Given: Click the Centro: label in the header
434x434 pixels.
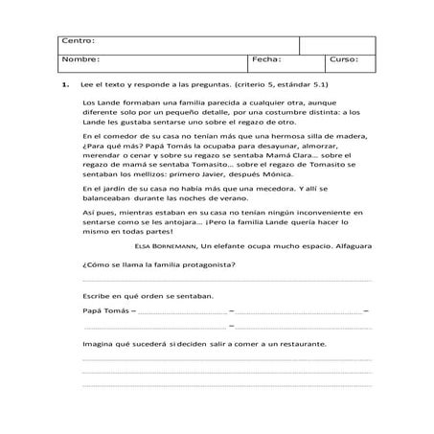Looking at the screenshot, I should (x=79, y=41).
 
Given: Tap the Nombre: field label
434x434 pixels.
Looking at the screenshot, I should (x=81, y=59).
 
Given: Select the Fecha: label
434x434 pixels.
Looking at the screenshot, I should (x=265, y=59).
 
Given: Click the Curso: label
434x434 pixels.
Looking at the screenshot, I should (x=343, y=59).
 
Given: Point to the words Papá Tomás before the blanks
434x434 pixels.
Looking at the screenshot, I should (x=103, y=311).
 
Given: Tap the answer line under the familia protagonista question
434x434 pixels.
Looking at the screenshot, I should (x=227, y=279).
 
